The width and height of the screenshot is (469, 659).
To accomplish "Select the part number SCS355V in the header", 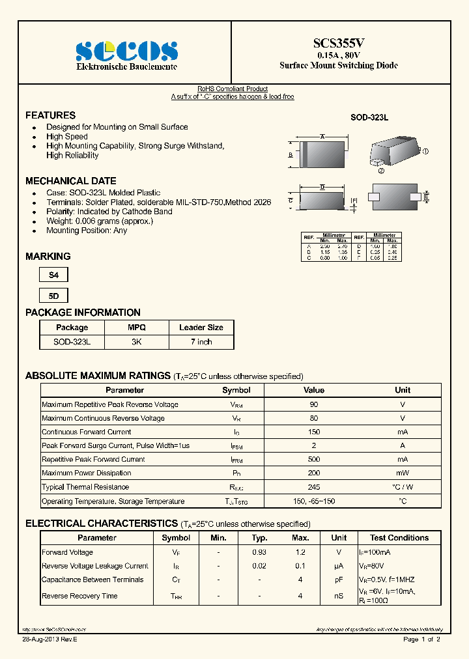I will tap(339, 43).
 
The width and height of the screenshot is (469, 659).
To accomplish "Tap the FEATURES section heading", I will tap(50, 115).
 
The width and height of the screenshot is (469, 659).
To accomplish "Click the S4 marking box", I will tap(53, 275).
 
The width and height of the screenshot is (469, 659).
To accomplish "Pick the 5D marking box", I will tap(53, 296).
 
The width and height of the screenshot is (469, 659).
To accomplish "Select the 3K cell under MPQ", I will tap(136, 342).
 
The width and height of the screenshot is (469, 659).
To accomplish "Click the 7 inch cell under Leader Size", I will tap(201, 342).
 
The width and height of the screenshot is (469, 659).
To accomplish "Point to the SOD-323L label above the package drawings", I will tap(369, 118).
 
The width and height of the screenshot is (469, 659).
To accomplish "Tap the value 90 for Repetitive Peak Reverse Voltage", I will tap(314, 404).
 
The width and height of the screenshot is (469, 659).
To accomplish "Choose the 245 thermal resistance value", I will tap(314, 487).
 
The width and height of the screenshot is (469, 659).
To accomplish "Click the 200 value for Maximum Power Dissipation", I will tap(314, 473).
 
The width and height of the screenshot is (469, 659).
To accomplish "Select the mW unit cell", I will tap(403, 473).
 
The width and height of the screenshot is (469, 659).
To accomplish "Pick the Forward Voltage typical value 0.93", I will tap(260, 552).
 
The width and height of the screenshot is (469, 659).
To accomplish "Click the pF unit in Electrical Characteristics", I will tap(339, 580).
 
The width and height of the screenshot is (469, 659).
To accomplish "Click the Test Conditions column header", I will tap(399, 538).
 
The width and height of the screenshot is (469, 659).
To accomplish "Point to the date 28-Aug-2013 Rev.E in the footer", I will tap(49, 639).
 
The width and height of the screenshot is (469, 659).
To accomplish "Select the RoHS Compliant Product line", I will tap(233, 89).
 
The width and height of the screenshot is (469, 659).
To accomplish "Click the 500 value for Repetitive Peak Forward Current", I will tap(314, 459).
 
